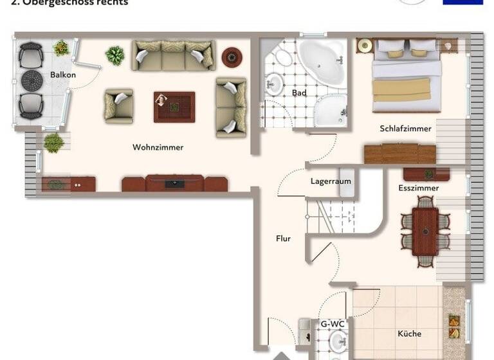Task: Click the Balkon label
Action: pyautogui.click(x=63, y=75)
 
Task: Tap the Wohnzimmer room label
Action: pyautogui.click(x=158, y=147)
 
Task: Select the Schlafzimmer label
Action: pyautogui.click(x=405, y=129)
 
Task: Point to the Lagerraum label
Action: pyautogui.click(x=331, y=181)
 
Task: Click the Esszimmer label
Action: pyautogui.click(x=418, y=188)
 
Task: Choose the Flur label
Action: pyautogui.click(x=283, y=239)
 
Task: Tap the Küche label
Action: pyautogui.click(x=409, y=334)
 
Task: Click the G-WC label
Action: pyautogui.click(x=333, y=324)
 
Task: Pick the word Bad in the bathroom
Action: pyautogui.click(x=298, y=93)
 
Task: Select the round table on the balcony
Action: pyautogui.click(x=32, y=80)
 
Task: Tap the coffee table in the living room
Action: pyautogui.click(x=174, y=107)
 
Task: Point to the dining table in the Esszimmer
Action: pyautogui.click(x=425, y=231)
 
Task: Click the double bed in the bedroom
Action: pyautogui.click(x=406, y=74)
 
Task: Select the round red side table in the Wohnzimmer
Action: pyautogui.click(x=232, y=57)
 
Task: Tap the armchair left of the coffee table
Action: pyautogui.click(x=119, y=105)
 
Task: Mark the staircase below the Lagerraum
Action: pyautogui.click(x=332, y=216)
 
